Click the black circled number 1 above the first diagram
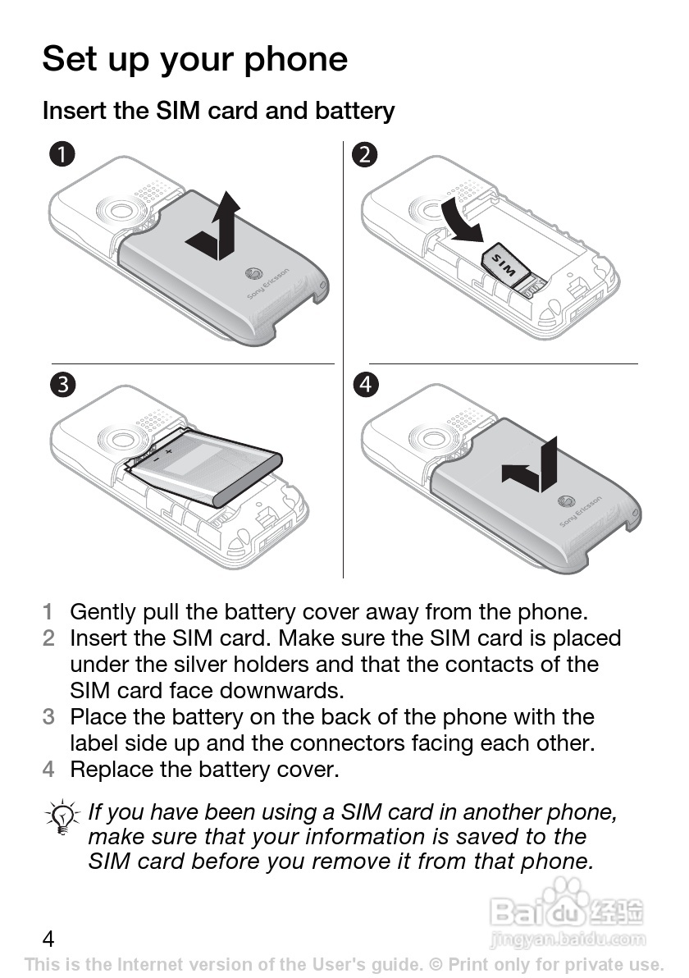[x=62, y=153]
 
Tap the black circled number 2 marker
[x=365, y=153]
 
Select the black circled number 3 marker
[x=62, y=384]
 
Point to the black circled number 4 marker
[x=365, y=384]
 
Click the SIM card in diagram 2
[x=506, y=263]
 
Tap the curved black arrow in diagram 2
[x=463, y=222]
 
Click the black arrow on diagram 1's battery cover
[x=213, y=227]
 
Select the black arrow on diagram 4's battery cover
[x=530, y=467]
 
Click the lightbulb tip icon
[x=62, y=817]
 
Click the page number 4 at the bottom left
[x=48, y=939]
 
